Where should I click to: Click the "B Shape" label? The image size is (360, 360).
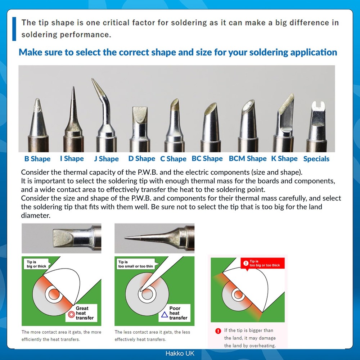click(37, 159)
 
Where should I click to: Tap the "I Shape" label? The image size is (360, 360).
click(72, 158)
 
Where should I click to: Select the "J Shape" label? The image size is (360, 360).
click(106, 159)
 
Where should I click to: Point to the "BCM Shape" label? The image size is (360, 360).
click(248, 158)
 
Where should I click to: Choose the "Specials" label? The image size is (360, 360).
click(316, 159)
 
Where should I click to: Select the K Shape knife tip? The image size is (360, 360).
click(285, 119)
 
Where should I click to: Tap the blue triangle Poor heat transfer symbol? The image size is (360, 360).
click(164, 314)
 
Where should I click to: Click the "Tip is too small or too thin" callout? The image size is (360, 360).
click(135, 264)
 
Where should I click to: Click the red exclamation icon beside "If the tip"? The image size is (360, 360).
click(218, 331)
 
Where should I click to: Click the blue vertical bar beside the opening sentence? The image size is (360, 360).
click(14, 28)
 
